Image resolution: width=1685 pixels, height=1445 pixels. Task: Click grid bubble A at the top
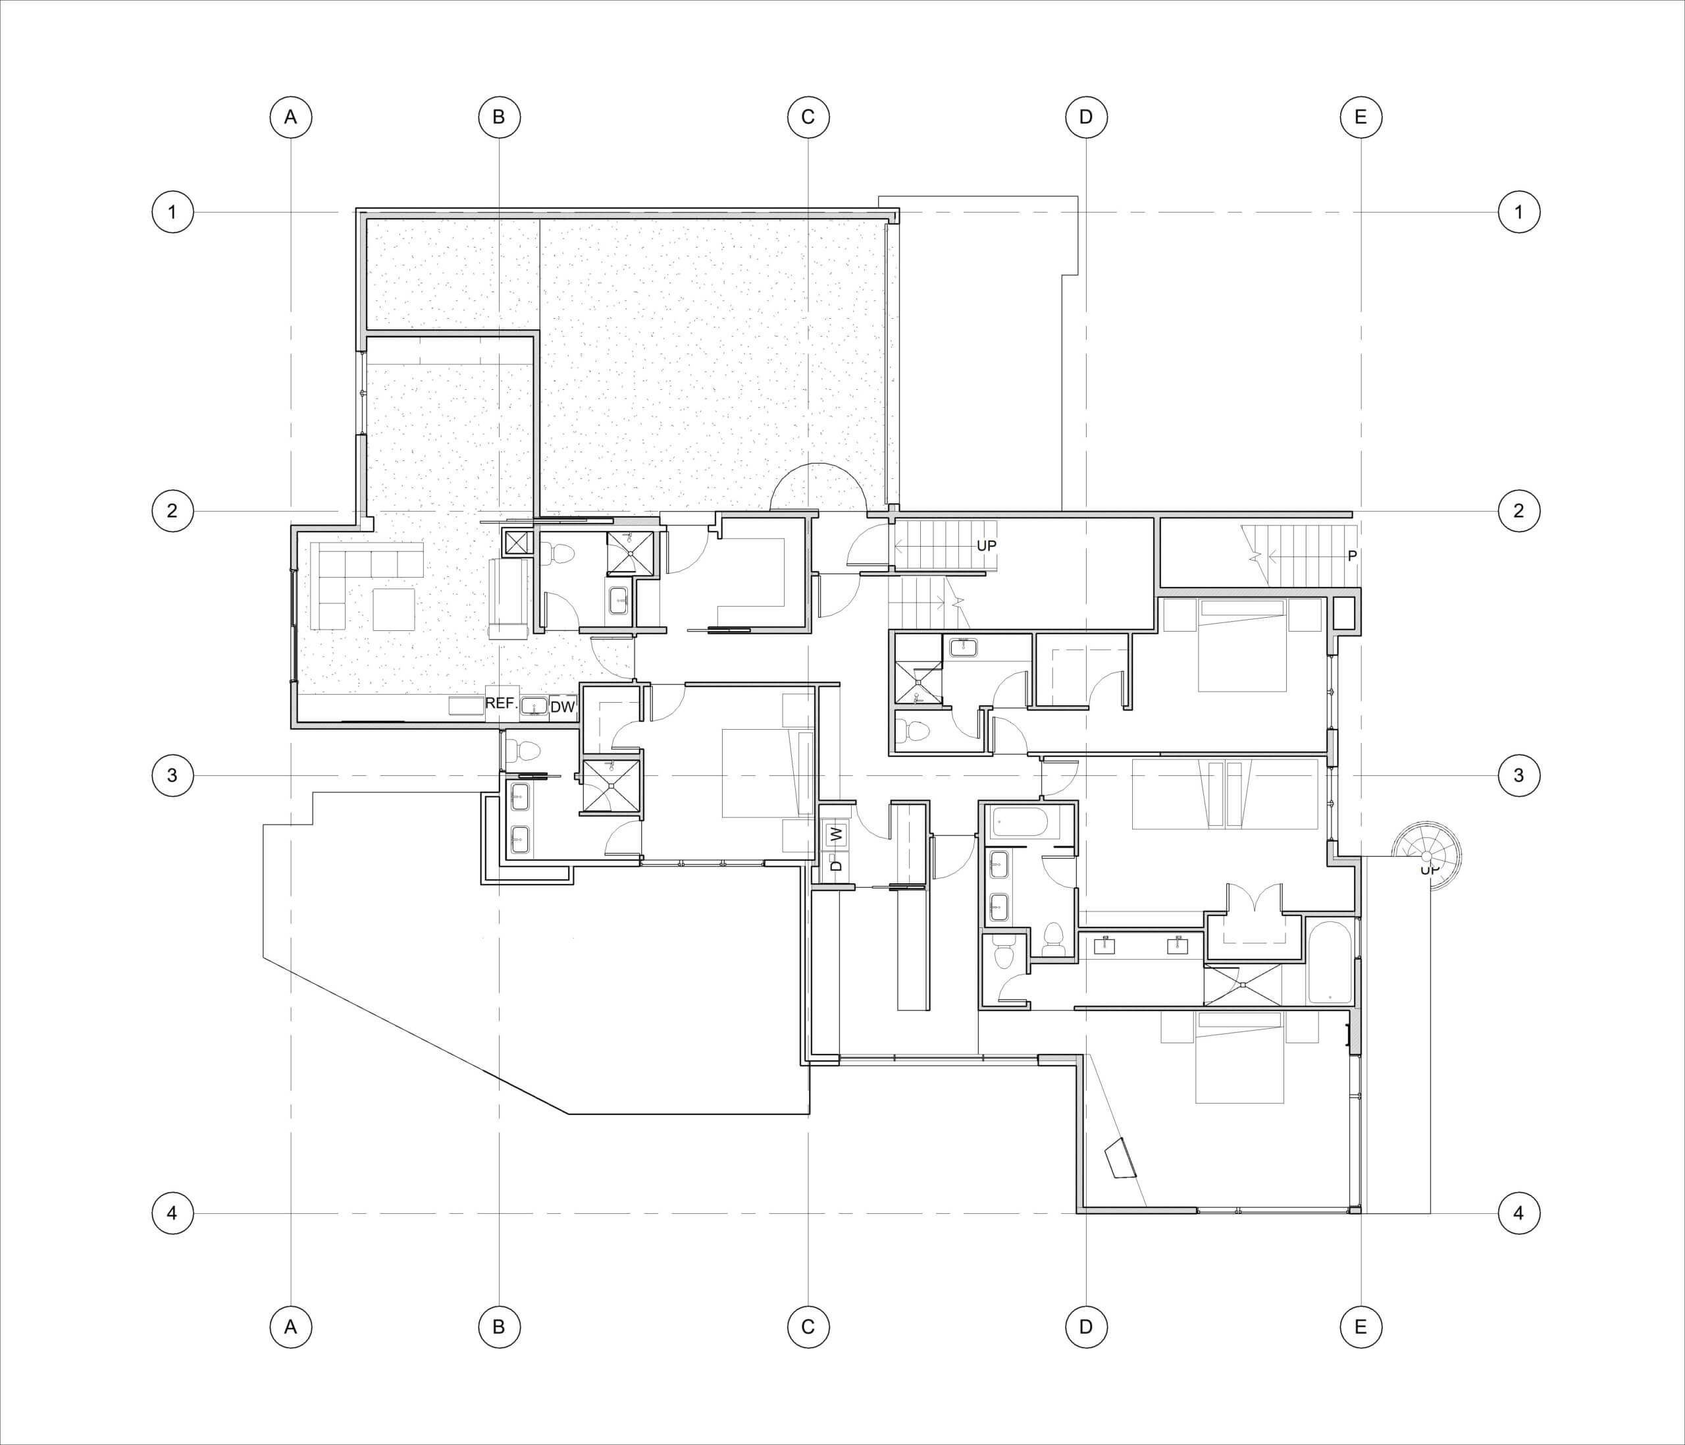[x=290, y=117]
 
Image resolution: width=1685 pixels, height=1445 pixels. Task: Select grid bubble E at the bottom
[x=1361, y=1327]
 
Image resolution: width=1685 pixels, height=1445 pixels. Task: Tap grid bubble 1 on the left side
[x=172, y=212]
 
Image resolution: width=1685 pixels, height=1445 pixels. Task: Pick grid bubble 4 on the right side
[x=1518, y=1213]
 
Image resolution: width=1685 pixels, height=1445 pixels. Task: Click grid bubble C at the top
[x=808, y=117]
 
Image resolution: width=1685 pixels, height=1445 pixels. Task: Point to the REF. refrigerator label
[x=502, y=703]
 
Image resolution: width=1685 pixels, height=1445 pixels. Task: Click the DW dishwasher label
[x=562, y=708]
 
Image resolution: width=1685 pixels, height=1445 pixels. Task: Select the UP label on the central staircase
[x=985, y=545]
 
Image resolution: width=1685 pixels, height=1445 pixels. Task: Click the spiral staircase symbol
[x=1426, y=857]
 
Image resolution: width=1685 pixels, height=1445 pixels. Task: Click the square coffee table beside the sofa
[x=394, y=609]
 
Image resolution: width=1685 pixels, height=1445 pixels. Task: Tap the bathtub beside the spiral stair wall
[x=1330, y=962]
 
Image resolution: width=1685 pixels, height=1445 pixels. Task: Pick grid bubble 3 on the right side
[x=1518, y=775]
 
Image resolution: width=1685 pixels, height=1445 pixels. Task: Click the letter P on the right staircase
[x=1351, y=556]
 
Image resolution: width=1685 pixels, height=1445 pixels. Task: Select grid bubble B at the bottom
[x=498, y=1327]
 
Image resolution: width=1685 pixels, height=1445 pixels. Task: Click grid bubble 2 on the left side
[x=172, y=511]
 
